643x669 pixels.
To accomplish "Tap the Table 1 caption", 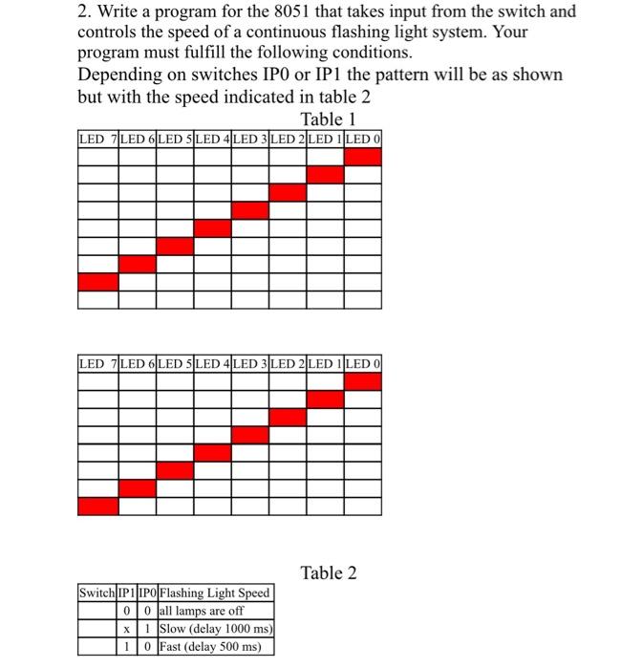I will (x=329, y=119).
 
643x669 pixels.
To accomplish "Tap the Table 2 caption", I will (x=329, y=572).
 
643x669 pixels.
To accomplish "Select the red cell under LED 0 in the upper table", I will (x=363, y=157).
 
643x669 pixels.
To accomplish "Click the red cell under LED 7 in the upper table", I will (x=97, y=281).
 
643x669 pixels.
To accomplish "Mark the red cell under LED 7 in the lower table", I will (x=97, y=506).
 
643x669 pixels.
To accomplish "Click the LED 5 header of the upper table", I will (x=174, y=140).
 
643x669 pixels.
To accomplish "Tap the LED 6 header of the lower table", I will (x=136, y=364).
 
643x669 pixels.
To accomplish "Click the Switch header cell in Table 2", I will (x=96, y=593).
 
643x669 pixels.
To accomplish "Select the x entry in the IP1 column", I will (x=127, y=629).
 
